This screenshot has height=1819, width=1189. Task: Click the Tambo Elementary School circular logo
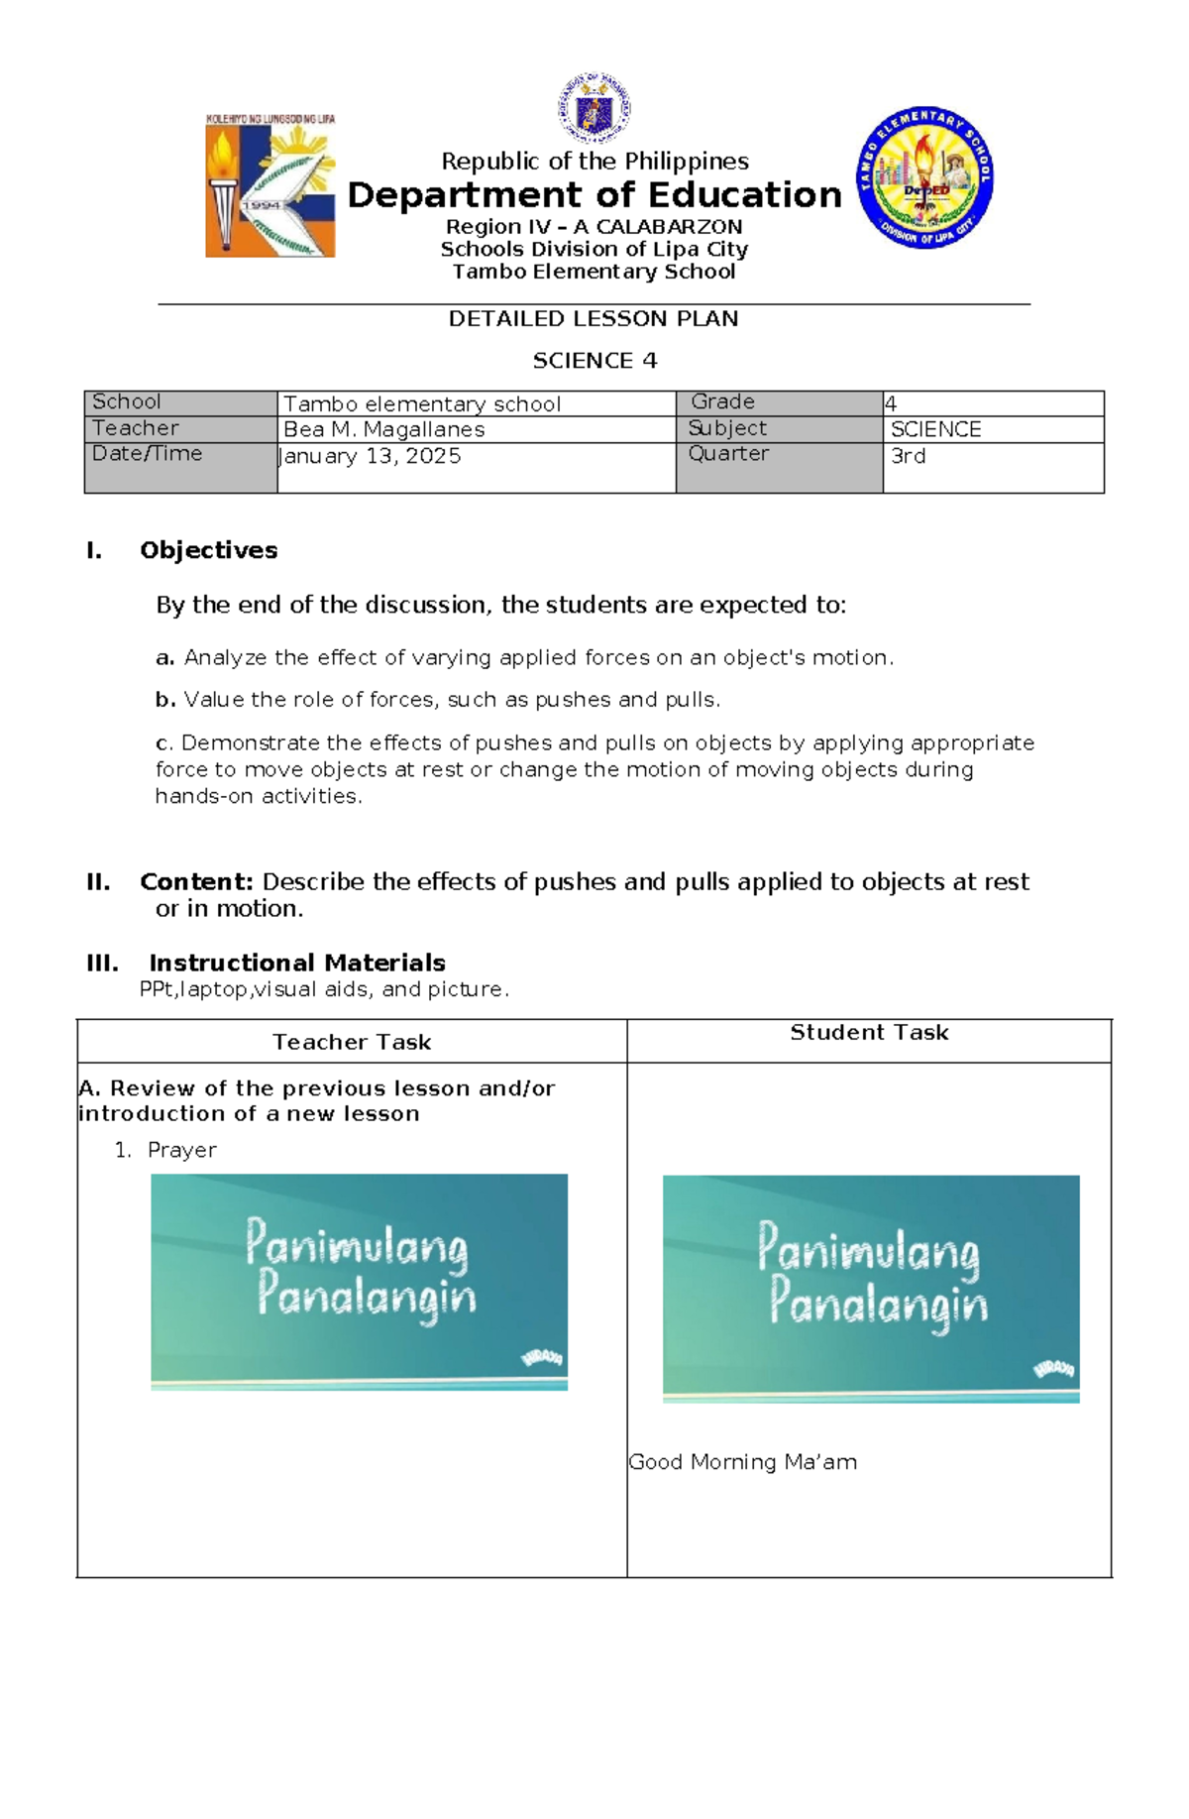[923, 177]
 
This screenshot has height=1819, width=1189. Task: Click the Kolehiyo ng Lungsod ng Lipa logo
[270, 186]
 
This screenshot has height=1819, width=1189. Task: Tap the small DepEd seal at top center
[594, 108]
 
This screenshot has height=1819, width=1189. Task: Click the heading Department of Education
[594, 195]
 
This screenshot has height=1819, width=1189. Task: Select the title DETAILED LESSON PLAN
[593, 319]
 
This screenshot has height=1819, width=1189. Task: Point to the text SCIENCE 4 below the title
[594, 361]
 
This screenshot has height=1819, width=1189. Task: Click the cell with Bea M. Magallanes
[384, 429]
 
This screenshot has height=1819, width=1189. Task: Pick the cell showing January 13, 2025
[372, 456]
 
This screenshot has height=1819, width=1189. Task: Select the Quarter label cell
[728, 454]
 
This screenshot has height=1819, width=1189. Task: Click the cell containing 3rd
[908, 456]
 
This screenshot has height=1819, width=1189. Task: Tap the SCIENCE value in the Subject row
[935, 429]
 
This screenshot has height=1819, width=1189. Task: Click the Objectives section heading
[208, 550]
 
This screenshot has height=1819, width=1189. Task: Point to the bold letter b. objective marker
[165, 700]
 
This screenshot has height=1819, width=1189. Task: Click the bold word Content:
[197, 881]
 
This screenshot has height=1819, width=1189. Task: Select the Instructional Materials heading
[296, 963]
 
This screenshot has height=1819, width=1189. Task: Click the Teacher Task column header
[352, 1042]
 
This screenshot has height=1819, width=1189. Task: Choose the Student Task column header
[869, 1033]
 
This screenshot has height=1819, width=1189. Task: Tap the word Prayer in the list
[181, 1150]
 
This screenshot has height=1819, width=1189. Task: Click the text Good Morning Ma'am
[742, 1462]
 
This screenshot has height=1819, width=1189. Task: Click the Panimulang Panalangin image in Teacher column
[359, 1282]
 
